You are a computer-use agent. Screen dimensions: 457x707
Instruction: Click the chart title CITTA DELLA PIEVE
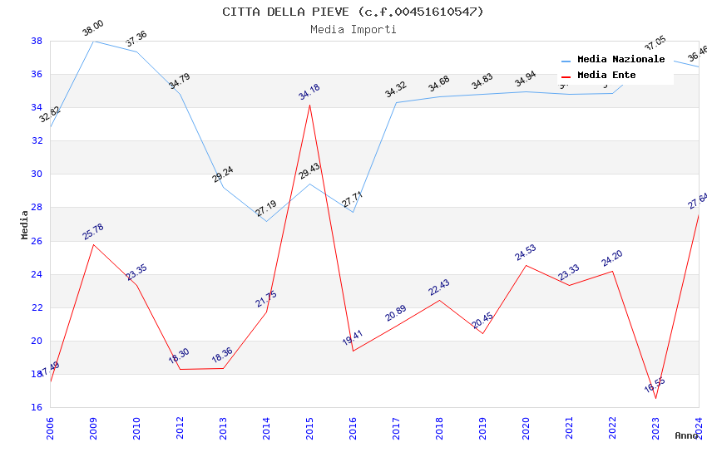coord(353,12)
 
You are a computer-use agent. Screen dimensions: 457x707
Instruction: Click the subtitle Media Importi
coord(353,29)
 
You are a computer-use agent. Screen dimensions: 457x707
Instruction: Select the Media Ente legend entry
coord(606,76)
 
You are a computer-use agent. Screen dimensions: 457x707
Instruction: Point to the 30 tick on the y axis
coord(37,174)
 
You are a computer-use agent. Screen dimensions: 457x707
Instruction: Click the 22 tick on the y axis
coord(37,307)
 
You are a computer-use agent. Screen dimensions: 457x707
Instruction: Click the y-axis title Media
coord(25,224)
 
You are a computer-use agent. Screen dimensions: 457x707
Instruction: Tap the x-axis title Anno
coord(686,435)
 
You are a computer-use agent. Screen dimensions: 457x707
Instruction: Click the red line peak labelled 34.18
coord(309,104)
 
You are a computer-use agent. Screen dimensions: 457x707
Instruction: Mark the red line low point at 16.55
coord(655,398)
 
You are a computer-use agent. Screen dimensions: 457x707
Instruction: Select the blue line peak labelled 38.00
coord(93,41)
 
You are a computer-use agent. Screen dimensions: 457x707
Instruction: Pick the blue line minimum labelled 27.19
coord(266,221)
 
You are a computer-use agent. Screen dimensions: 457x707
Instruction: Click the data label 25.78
coord(93,232)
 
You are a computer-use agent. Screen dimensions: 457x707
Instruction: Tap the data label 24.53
coord(526,253)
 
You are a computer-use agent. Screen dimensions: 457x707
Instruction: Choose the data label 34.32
coord(396,90)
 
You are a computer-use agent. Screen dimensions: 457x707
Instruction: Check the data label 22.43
coord(439,287)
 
